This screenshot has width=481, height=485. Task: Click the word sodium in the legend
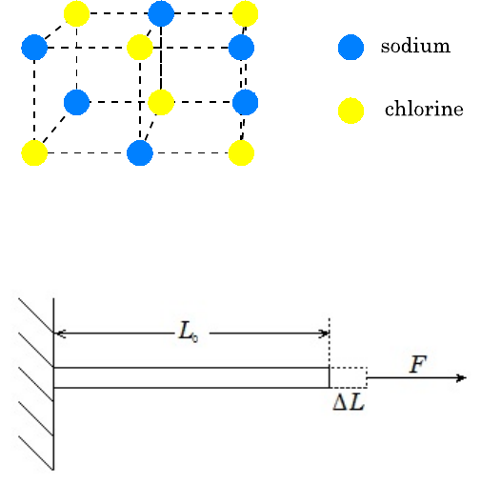click(415, 47)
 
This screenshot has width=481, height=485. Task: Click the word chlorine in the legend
click(424, 109)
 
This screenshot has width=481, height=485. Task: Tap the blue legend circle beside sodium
click(351, 48)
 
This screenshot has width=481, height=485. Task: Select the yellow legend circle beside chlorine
click(351, 111)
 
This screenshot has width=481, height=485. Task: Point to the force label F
click(418, 364)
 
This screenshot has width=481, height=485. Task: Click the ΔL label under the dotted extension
click(349, 403)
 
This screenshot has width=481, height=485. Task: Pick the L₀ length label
click(189, 332)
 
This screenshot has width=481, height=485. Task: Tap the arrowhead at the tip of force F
click(462, 378)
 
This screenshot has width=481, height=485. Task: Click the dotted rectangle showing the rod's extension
click(349, 377)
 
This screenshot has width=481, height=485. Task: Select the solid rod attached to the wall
click(191, 377)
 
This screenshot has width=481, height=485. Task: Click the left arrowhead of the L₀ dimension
click(60, 333)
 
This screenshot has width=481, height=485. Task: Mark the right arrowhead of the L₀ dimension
click(324, 333)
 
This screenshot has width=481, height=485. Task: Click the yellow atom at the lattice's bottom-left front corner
click(34, 152)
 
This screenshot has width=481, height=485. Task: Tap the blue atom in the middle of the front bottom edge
click(140, 152)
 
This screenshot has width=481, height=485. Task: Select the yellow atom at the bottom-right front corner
click(241, 152)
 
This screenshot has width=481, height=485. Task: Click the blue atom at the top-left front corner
click(34, 48)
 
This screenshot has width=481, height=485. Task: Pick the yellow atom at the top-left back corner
click(76, 13)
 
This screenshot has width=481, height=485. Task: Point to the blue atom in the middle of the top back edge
click(161, 13)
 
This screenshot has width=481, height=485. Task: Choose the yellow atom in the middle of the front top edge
click(140, 48)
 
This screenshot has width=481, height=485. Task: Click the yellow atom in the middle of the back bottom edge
click(161, 102)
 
